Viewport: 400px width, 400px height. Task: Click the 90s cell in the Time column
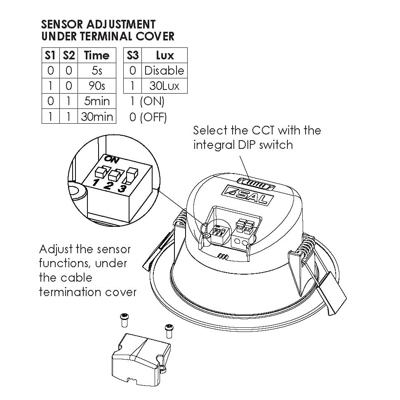96,86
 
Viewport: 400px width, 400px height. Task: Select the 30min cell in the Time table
96,117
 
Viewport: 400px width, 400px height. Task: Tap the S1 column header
50,55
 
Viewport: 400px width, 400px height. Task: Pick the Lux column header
165,55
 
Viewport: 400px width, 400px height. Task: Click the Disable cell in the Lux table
165,71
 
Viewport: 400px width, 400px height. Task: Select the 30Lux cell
165,86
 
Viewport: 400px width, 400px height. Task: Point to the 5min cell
96,101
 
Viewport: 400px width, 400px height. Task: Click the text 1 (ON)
147,101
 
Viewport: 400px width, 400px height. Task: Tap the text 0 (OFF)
148,117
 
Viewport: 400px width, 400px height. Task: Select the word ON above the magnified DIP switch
111,160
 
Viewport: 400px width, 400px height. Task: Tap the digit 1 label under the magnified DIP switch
96,182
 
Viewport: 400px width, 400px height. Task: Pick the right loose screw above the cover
169,331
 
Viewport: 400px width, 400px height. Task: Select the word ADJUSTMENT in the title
121,24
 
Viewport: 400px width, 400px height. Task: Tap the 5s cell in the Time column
96,71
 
